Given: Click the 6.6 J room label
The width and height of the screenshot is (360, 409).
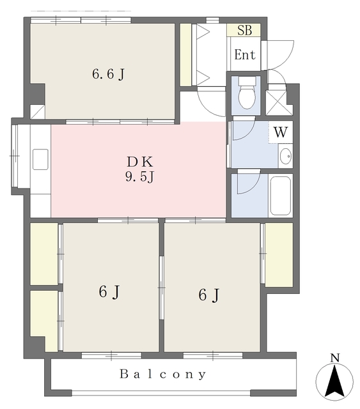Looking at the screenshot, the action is pos(108,74).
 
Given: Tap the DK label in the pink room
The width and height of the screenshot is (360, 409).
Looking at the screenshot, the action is pos(139,162).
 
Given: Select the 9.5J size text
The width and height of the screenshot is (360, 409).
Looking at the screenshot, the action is pos(139,177).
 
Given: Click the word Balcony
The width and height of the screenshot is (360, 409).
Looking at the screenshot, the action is pos(163,374).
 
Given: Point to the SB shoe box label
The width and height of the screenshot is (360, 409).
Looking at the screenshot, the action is pos(245,30).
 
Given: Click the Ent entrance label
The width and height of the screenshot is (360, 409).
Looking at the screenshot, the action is pos(245,55).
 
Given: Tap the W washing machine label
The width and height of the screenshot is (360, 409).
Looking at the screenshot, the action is pos(281,132).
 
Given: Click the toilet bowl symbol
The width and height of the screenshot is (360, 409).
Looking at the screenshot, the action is pos(246,93).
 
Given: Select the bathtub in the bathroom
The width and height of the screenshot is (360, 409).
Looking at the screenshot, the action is pos(280,196).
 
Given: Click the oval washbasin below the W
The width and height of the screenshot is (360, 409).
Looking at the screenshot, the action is pos(285,156).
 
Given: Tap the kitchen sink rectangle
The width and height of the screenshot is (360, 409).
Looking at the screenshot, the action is pos(40,159).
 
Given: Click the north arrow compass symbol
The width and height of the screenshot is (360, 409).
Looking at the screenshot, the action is pos(334,381).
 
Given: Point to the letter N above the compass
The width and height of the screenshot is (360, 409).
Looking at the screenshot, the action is pos(335,358).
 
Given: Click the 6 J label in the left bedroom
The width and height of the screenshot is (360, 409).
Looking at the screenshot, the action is pos(109,291).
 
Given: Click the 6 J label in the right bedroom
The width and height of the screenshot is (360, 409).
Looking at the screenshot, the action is pos(209,295).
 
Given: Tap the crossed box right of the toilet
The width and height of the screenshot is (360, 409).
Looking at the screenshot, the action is pos(279,103).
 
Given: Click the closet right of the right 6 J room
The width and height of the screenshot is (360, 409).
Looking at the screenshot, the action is pos(279,255).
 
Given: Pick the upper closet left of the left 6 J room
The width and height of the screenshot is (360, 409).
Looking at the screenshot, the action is pos(44,254).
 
